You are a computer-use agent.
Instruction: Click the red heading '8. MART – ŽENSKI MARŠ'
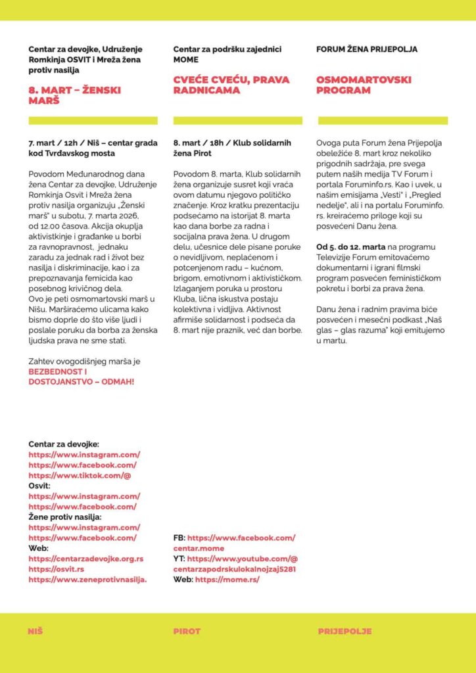tap(74, 95)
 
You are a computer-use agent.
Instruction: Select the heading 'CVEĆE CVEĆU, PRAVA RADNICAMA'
tap(231, 85)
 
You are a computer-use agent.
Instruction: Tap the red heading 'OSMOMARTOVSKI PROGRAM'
tap(364, 85)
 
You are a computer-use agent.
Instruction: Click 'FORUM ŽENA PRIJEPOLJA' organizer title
tap(366, 49)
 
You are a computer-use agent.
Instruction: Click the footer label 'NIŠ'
tap(36, 631)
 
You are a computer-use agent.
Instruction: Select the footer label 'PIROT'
tap(187, 631)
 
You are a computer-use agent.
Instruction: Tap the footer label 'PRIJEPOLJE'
tap(345, 631)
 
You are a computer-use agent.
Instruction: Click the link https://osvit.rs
tap(57, 569)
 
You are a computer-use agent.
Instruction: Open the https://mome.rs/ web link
tap(227, 580)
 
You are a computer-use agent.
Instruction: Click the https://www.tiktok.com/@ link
tap(80, 475)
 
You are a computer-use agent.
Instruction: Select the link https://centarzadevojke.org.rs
tap(86, 559)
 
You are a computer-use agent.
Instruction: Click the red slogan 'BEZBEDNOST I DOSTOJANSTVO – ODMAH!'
tap(81, 377)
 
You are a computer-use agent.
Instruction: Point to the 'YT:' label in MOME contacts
tap(179, 559)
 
